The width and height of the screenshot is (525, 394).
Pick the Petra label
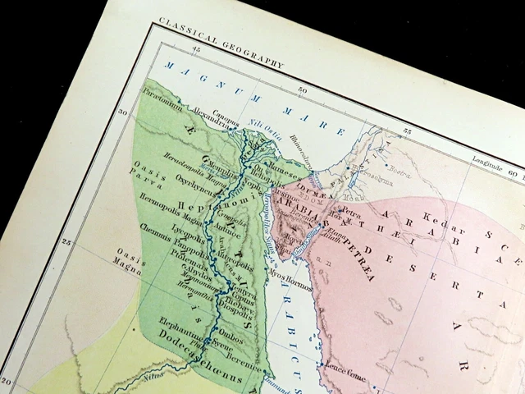[350, 212]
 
